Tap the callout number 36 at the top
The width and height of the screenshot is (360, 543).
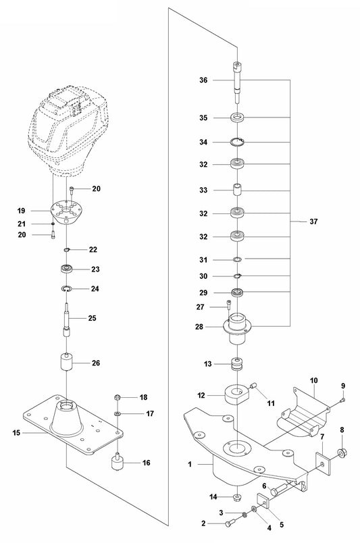pos(184,80)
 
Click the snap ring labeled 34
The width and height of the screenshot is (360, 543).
pos(237,142)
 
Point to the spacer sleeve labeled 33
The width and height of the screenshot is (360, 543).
pos(237,190)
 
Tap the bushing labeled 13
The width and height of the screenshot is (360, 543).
pos(237,365)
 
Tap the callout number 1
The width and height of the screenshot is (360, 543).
pos(190,465)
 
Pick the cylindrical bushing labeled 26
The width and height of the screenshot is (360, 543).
pos(67,365)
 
